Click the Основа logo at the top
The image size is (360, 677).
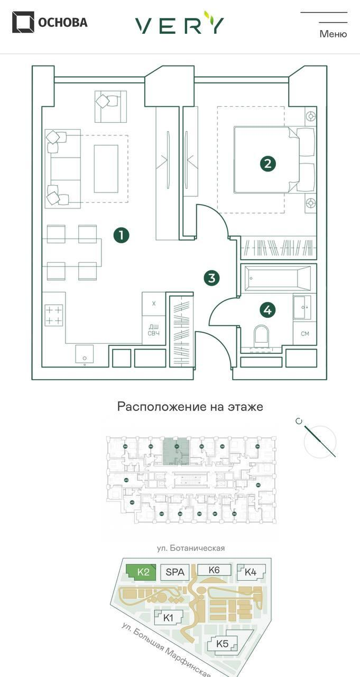(50, 22)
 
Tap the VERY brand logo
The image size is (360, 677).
(179, 23)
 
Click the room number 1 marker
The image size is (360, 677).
(121, 235)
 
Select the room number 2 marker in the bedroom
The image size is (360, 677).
(267, 163)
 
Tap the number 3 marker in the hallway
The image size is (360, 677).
(211, 278)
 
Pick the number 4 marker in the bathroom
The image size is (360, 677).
(267, 310)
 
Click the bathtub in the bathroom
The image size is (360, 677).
(277, 278)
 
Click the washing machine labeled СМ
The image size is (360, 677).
(304, 334)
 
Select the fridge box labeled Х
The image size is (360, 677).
(154, 304)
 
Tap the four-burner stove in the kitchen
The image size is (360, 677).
(54, 316)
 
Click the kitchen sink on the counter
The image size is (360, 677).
(84, 354)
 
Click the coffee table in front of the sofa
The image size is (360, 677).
(106, 169)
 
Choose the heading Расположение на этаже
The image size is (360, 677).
(190, 407)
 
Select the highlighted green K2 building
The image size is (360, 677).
(142, 572)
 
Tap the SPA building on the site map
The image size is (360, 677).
(175, 572)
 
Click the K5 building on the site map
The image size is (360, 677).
(223, 644)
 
